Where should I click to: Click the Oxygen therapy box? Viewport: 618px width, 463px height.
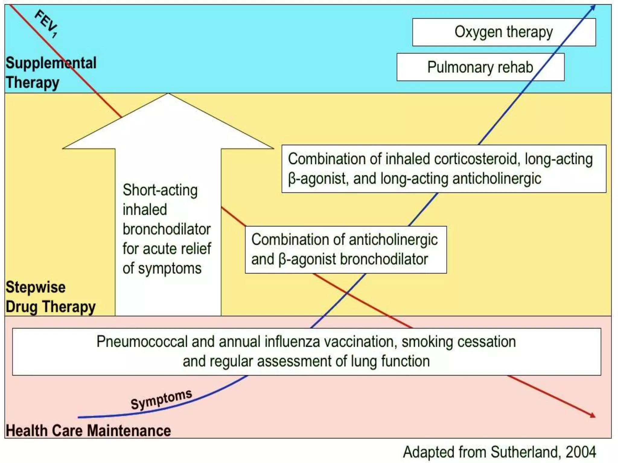[x=504, y=32]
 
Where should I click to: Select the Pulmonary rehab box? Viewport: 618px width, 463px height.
[x=480, y=67]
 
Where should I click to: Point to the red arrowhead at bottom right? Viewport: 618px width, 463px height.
[x=592, y=415]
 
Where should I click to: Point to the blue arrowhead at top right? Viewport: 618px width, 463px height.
[x=593, y=7]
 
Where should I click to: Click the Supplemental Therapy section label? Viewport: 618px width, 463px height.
[x=51, y=73]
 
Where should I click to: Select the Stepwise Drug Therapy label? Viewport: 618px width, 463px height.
[x=50, y=297]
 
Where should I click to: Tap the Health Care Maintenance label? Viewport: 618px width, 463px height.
[x=88, y=430]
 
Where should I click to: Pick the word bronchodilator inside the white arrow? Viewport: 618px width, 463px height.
[x=166, y=229]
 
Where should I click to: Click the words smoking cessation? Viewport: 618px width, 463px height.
[x=459, y=342]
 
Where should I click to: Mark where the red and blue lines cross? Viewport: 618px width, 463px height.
[x=347, y=292]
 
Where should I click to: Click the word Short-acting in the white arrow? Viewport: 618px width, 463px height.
[x=160, y=190]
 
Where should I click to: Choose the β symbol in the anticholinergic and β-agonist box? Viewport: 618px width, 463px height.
[x=282, y=260]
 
